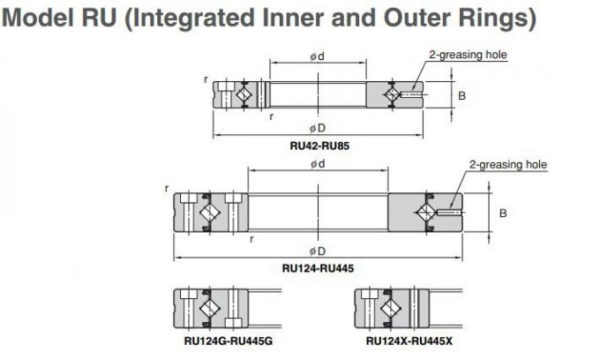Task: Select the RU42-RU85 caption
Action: coord(319,146)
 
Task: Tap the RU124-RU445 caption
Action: coord(318,267)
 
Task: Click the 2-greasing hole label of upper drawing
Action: coord(468,55)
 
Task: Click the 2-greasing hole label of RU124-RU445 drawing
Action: coord(507,164)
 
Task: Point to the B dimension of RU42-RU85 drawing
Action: coord(461,94)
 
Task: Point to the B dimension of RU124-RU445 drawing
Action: coord(503,214)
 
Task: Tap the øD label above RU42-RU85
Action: coord(318,128)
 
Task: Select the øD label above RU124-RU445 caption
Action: coord(318,250)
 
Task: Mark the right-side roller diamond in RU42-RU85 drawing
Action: coord(393,94)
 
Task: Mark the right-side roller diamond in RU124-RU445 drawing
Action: coord(425,213)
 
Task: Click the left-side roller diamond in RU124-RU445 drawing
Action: coord(210,213)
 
